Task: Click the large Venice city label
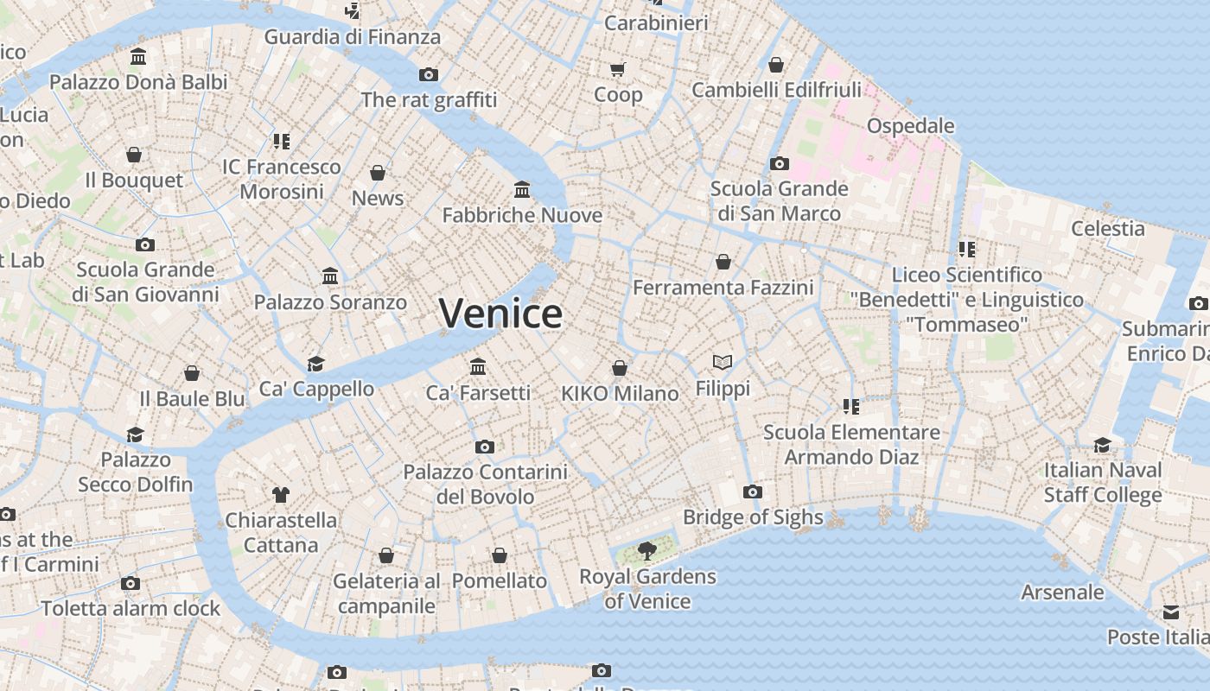tap(500, 313)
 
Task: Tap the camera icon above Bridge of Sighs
tap(753, 491)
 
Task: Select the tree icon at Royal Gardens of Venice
tap(646, 549)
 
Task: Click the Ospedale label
tap(910, 126)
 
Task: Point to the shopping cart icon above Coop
tap(617, 69)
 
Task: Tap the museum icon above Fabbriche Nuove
tap(522, 189)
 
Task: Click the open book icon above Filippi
tap(723, 362)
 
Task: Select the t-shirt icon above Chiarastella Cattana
tap(281, 494)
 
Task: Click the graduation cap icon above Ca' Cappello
tap(316, 364)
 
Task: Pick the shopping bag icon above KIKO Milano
tap(620, 368)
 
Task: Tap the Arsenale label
tap(1062, 593)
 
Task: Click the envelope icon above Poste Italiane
tap(1170, 612)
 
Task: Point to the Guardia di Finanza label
tap(352, 37)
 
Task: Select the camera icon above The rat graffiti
tap(429, 74)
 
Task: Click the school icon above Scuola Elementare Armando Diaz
tap(851, 406)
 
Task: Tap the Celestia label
tap(1107, 229)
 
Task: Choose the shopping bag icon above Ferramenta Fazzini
tap(723, 261)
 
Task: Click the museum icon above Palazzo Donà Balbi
tap(138, 57)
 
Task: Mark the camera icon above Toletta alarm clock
tap(131, 583)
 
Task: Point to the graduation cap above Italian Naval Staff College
tap(1103, 445)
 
